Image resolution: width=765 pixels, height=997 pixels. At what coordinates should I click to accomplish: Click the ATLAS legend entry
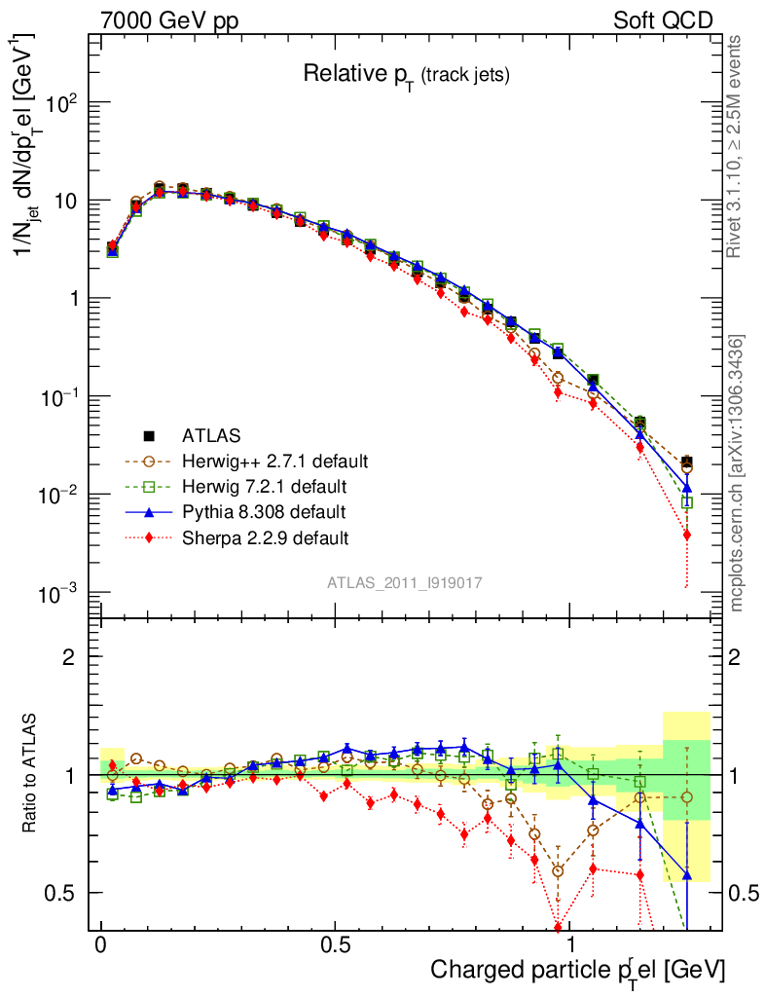212,434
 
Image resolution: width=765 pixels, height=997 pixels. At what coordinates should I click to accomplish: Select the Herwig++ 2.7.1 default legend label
275,460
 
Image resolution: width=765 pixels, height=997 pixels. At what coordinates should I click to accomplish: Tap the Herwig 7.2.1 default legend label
264,485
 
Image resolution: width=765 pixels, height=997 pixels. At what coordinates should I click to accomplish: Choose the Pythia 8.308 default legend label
264,511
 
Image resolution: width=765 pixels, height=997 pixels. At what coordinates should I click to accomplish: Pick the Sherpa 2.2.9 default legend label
266,536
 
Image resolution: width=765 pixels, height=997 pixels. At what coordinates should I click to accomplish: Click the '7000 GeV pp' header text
169,20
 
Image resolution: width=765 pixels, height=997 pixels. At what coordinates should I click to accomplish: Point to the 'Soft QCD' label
663,20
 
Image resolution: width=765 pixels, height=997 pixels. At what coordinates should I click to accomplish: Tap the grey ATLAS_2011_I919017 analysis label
405,582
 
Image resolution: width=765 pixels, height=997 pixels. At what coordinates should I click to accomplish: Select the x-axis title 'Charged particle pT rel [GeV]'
578,970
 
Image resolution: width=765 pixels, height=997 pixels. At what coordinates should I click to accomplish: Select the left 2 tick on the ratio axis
70,657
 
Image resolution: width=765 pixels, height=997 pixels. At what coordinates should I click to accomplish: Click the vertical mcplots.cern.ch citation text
737,473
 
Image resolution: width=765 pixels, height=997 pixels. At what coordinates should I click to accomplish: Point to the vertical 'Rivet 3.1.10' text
737,146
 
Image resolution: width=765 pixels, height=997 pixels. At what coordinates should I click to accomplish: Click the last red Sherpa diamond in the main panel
687,535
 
